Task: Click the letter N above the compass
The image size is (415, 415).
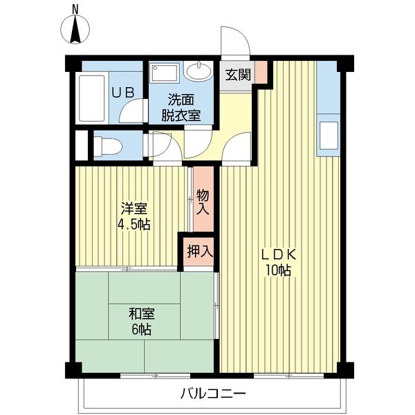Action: (75, 10)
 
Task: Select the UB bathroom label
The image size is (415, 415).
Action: (122, 93)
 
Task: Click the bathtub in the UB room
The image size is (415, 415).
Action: (91, 98)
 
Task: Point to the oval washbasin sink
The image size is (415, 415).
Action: (199, 71)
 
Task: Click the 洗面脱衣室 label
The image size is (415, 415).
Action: (181, 108)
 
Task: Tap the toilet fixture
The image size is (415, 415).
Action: (108, 146)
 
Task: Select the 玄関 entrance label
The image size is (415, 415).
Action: (238, 75)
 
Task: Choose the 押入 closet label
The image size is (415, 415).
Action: (200, 251)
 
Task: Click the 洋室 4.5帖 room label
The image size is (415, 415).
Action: (134, 216)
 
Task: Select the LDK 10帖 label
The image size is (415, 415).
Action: (279, 262)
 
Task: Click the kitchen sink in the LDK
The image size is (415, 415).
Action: (329, 136)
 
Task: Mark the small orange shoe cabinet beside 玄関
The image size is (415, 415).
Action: (261, 72)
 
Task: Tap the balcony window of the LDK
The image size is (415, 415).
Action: (288, 376)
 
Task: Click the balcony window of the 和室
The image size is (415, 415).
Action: (156, 376)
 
